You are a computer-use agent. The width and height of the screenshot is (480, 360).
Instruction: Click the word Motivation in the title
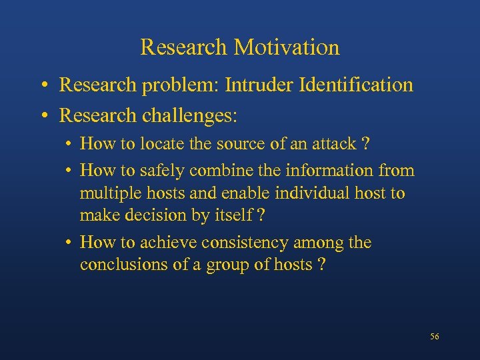point(287,47)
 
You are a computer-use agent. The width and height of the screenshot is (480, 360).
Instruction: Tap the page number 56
point(435,337)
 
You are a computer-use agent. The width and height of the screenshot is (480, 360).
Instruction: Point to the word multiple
point(105,193)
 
